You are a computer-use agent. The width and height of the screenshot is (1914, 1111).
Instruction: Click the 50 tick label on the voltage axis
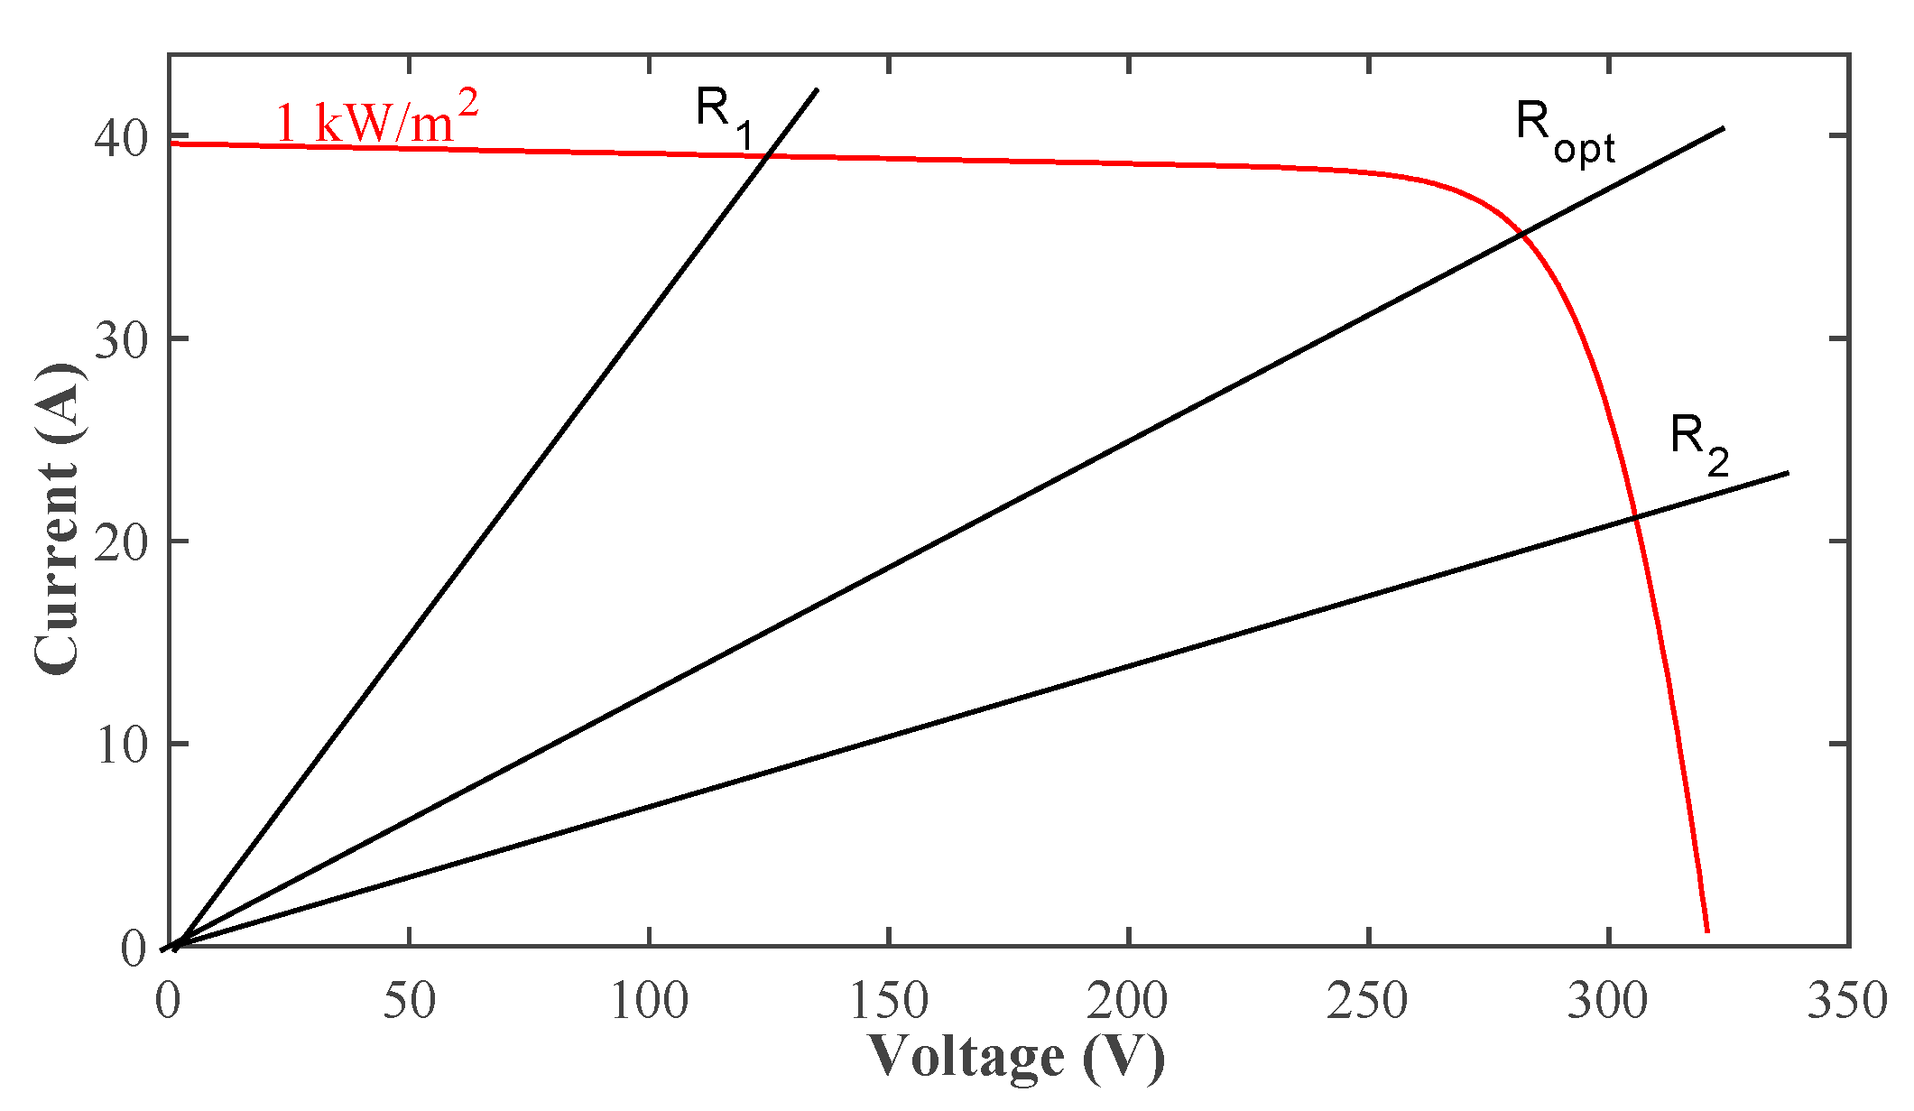(409, 1001)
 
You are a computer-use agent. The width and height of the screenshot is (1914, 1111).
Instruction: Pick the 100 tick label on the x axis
(649, 1001)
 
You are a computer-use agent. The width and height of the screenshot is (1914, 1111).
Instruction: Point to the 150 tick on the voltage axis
(889, 1001)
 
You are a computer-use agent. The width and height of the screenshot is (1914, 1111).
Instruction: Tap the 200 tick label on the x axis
(1128, 1001)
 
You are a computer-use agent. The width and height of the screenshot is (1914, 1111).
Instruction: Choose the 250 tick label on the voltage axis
(1368, 1001)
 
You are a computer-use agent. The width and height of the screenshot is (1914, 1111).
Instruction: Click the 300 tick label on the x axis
(1608, 1001)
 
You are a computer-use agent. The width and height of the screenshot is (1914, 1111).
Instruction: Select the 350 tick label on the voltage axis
(1846, 1001)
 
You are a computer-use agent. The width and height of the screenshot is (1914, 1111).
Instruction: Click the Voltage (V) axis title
(1017, 1057)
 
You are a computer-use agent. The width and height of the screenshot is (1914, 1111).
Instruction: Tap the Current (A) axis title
(58, 519)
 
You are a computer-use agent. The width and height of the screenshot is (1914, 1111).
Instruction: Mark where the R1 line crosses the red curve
(767, 156)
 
